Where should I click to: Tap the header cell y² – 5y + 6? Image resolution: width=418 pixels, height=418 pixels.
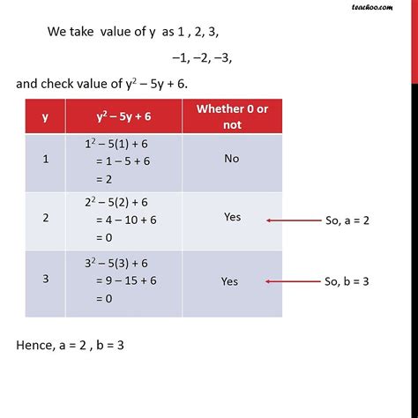click(x=123, y=116)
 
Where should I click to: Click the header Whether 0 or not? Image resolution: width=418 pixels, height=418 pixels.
click(x=231, y=116)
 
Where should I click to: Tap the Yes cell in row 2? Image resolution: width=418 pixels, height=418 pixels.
click(x=232, y=217)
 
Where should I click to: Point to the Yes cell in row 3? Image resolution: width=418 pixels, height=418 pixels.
click(x=230, y=282)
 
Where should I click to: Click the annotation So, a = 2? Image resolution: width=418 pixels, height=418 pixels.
click(x=347, y=220)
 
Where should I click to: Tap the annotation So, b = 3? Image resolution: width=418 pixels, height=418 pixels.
click(x=347, y=282)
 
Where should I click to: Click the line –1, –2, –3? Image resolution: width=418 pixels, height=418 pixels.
click(x=203, y=58)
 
